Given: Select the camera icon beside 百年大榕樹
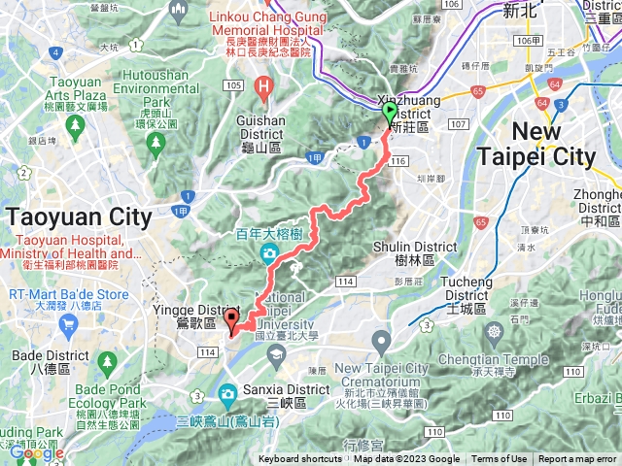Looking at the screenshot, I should [x=268, y=254].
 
